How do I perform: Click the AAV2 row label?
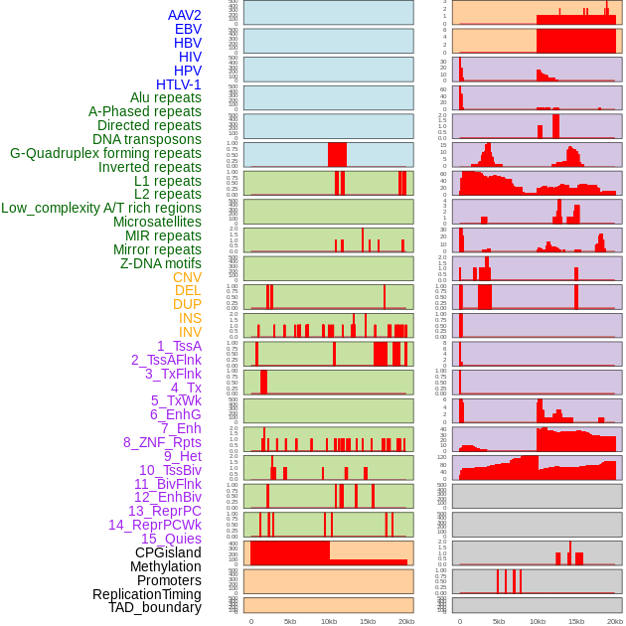click(184, 15)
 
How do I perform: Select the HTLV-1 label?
click(179, 84)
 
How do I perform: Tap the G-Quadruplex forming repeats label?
click(105, 153)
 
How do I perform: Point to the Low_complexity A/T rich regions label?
click(101, 208)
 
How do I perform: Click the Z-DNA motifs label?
click(161, 263)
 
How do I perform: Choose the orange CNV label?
click(187, 277)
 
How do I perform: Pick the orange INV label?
click(190, 332)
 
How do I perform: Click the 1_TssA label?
click(179, 346)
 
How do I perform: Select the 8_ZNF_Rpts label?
click(162, 442)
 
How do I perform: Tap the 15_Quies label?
click(171, 539)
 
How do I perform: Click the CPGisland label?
click(168, 552)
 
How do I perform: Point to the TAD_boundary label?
click(155, 607)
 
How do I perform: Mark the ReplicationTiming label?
click(146, 594)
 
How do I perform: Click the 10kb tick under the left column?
click(328, 621)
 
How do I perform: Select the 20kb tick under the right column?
click(615, 621)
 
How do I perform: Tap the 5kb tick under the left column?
click(289, 621)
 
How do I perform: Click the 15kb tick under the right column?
click(575, 621)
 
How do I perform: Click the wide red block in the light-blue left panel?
click(337, 155)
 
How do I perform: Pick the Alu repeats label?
click(166, 97)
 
